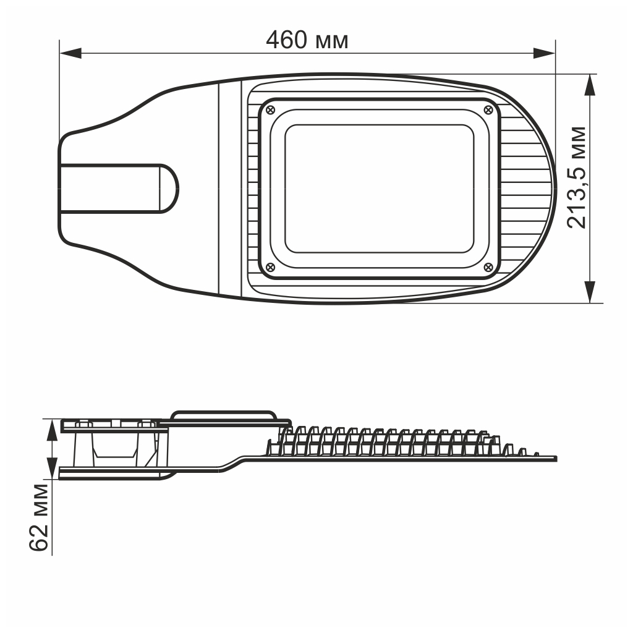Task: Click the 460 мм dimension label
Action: point(307,40)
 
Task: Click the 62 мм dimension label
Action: point(38,518)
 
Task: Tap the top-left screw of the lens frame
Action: point(270,109)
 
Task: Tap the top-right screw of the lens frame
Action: point(487,109)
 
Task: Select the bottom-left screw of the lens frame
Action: point(270,267)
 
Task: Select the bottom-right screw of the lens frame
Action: point(487,267)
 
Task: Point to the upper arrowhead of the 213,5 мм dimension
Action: point(590,85)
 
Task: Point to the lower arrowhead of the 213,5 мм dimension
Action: point(590,292)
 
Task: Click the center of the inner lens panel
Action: point(378,189)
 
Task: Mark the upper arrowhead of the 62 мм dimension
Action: point(52,428)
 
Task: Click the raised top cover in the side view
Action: point(223,415)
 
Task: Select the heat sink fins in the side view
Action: point(383,442)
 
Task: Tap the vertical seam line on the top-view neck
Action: point(219,189)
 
